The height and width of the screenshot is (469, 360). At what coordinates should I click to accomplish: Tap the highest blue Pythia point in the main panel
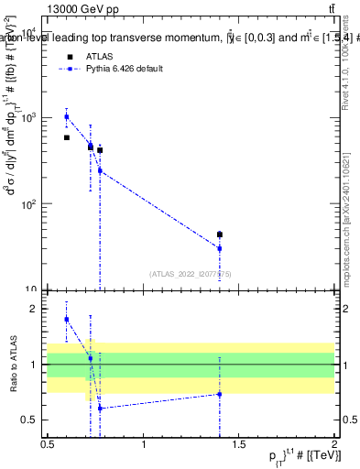pyautogui.click(x=67, y=116)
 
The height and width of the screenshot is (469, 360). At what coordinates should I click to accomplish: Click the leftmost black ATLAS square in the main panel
pyautogui.click(x=67, y=137)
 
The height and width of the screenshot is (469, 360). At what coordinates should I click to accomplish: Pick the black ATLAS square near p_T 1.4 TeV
pyautogui.click(x=220, y=234)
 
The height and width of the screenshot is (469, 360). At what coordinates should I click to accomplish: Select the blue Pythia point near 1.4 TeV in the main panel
pyautogui.click(x=220, y=248)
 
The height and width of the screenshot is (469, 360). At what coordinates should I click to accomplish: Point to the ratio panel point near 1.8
pyautogui.click(x=67, y=319)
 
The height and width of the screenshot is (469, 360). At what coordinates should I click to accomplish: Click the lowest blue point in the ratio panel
pyautogui.click(x=100, y=409)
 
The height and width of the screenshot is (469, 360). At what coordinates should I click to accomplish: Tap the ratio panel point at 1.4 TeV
pyautogui.click(x=220, y=394)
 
